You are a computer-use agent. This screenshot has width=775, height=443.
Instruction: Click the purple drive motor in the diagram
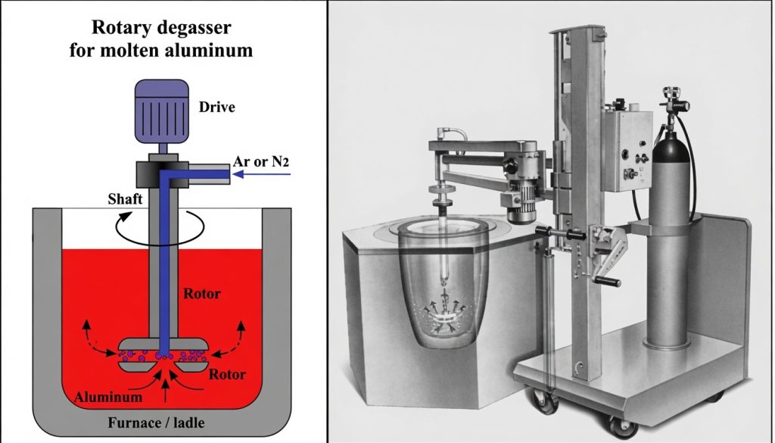coord(162,111)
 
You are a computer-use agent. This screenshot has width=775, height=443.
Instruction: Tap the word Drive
coord(216,107)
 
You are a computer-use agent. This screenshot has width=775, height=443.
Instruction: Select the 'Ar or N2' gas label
coord(261,161)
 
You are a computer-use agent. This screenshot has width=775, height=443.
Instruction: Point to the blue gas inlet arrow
coord(261,174)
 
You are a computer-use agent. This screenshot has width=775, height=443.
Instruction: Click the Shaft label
coord(125,198)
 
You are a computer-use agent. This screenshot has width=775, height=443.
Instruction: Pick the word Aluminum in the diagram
coord(108,397)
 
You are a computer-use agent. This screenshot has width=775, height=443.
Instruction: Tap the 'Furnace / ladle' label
coord(156,423)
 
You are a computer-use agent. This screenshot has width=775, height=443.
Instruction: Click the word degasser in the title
coord(197,28)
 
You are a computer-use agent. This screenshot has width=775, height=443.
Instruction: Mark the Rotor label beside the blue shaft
coord(201,293)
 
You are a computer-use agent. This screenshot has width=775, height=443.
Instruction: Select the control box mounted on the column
coord(627,150)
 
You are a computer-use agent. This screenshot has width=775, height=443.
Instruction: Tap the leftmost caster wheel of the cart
coord(543,400)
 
